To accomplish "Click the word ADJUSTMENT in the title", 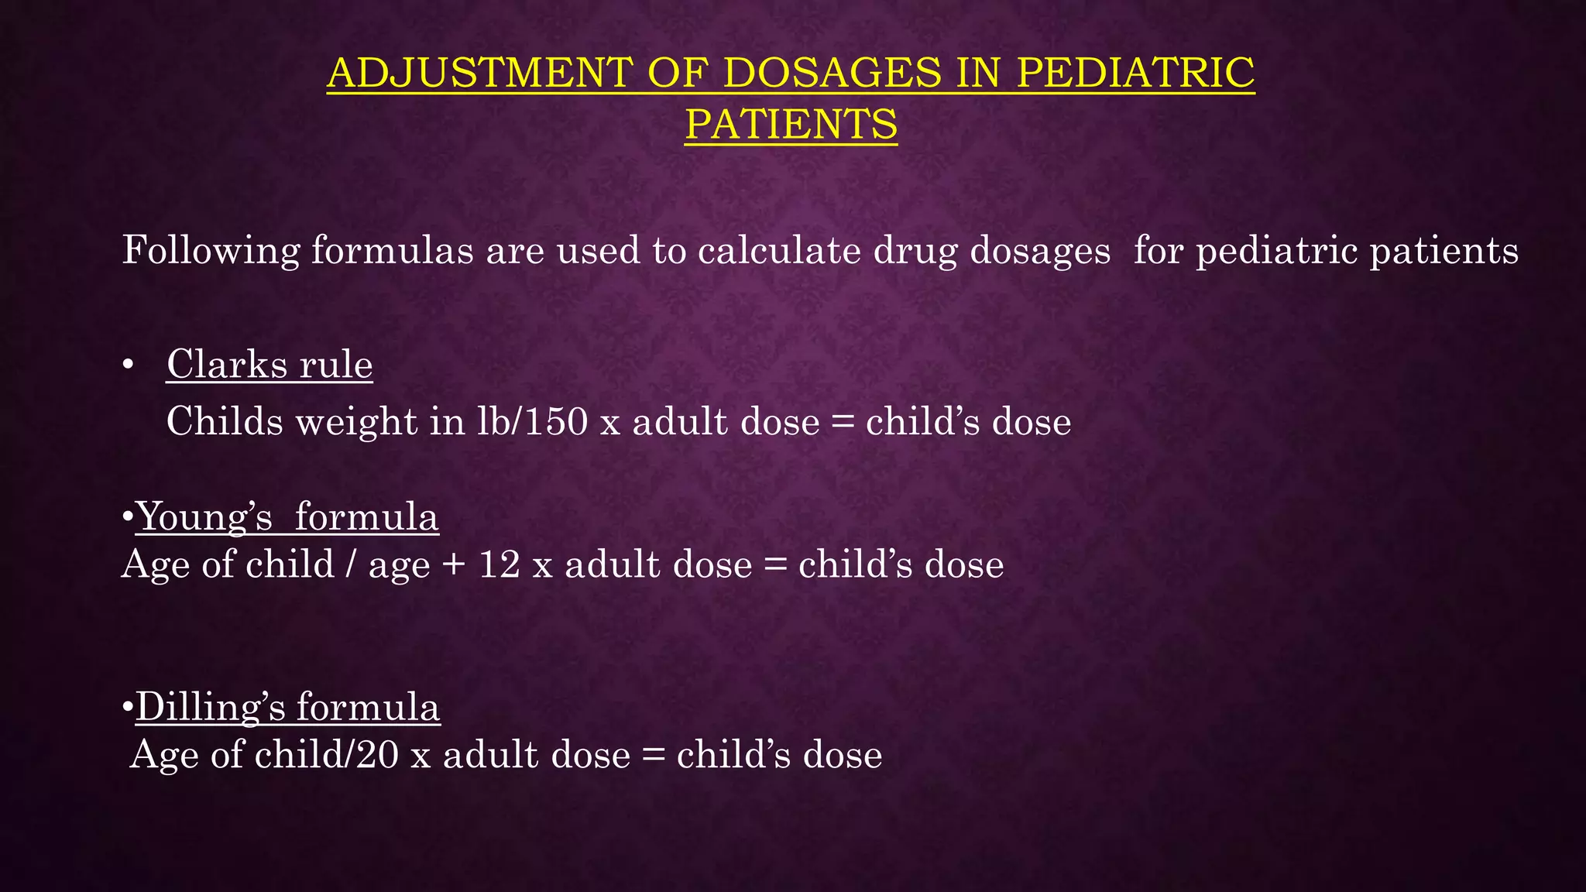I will [x=479, y=73].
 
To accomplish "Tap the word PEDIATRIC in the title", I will [x=1135, y=73].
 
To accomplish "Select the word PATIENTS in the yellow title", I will [x=791, y=125].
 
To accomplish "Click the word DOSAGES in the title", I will [x=832, y=73].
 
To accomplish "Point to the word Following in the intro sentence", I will [x=211, y=251].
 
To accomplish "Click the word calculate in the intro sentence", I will [x=779, y=251].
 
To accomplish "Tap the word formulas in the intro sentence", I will [x=392, y=251].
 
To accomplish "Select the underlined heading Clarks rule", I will [x=269, y=364].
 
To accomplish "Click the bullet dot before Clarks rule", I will [x=129, y=365].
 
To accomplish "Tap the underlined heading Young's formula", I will [x=287, y=516].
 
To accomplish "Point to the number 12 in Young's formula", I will [x=499, y=564].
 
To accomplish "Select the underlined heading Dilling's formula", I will [x=288, y=707].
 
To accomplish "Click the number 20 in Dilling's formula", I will [x=377, y=755].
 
